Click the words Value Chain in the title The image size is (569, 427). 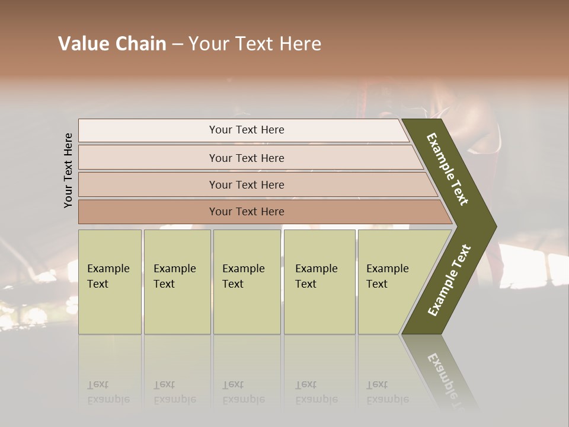(112, 44)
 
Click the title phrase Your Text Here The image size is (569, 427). (255, 44)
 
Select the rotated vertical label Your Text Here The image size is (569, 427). (68, 170)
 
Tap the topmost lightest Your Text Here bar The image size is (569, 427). (246, 130)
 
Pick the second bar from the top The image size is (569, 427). (246, 158)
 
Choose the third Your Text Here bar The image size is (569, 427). (246, 184)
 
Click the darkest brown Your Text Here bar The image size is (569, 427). (246, 212)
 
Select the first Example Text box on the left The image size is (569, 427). (110, 282)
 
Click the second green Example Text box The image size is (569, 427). (177, 282)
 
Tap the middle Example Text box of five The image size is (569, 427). (247, 282)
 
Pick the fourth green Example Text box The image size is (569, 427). (319, 282)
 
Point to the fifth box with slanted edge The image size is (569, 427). (391, 282)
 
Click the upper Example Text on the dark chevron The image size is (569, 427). (448, 169)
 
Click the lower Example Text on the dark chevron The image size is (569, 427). (449, 280)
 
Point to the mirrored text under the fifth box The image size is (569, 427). (387, 392)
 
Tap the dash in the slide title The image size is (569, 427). (177, 44)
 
